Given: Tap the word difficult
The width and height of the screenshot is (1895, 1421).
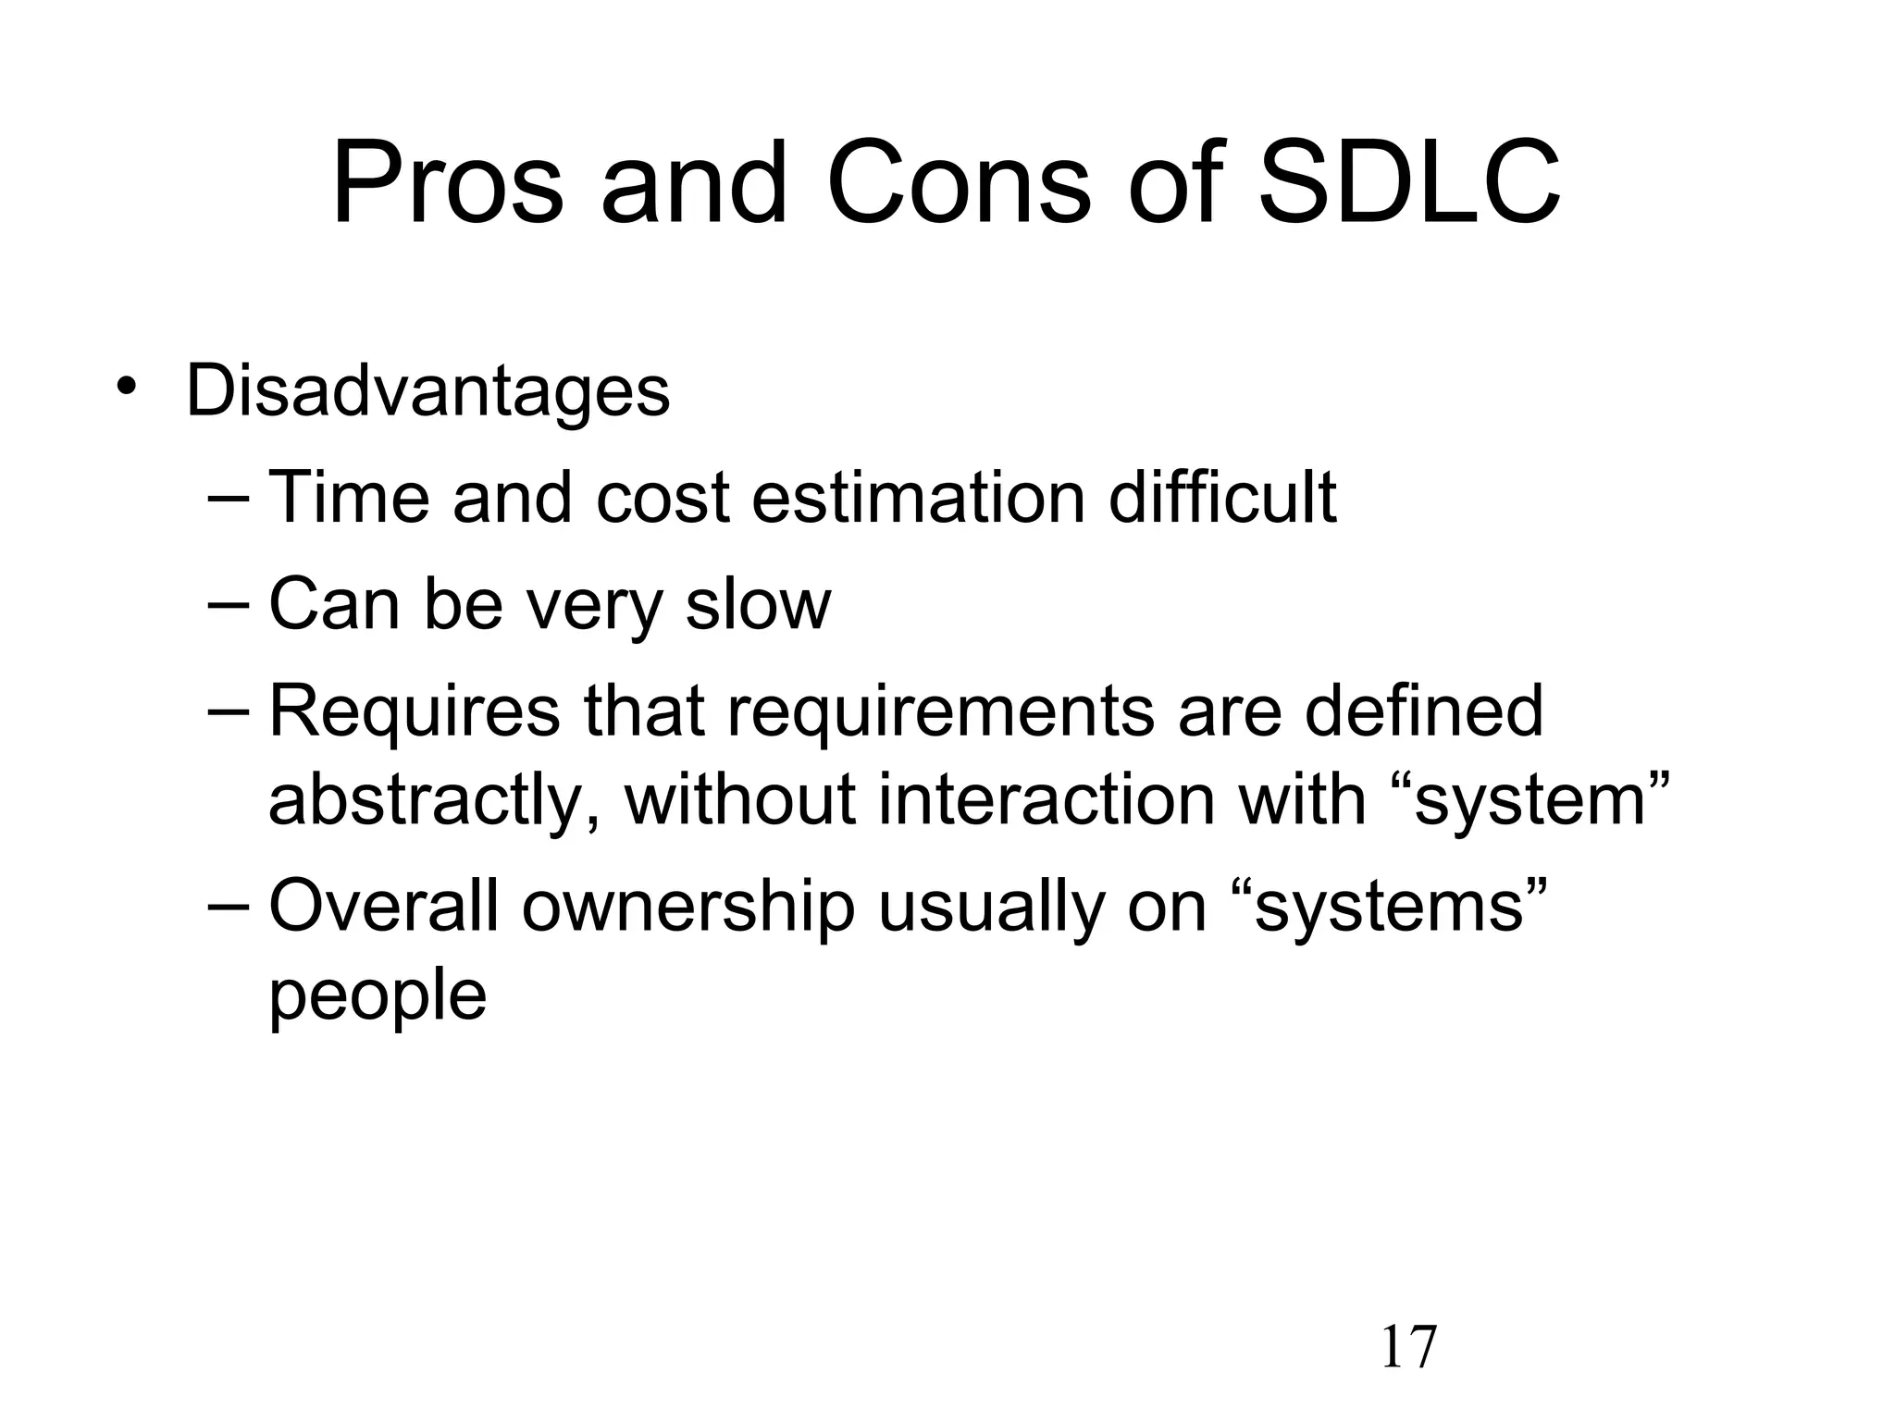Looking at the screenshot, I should (1222, 498).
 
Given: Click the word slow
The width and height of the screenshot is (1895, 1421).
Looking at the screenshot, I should (758, 604).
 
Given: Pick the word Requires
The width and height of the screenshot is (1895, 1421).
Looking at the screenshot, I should (415, 710).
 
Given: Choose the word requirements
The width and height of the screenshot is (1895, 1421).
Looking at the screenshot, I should (940, 710).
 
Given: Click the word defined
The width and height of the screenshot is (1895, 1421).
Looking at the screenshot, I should (1424, 710).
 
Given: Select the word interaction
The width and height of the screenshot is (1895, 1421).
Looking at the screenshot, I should (1046, 799).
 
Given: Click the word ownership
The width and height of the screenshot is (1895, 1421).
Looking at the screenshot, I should (688, 906).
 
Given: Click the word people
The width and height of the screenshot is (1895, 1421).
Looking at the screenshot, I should (378, 995).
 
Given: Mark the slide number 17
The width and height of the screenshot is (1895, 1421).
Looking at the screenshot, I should (1408, 1347).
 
